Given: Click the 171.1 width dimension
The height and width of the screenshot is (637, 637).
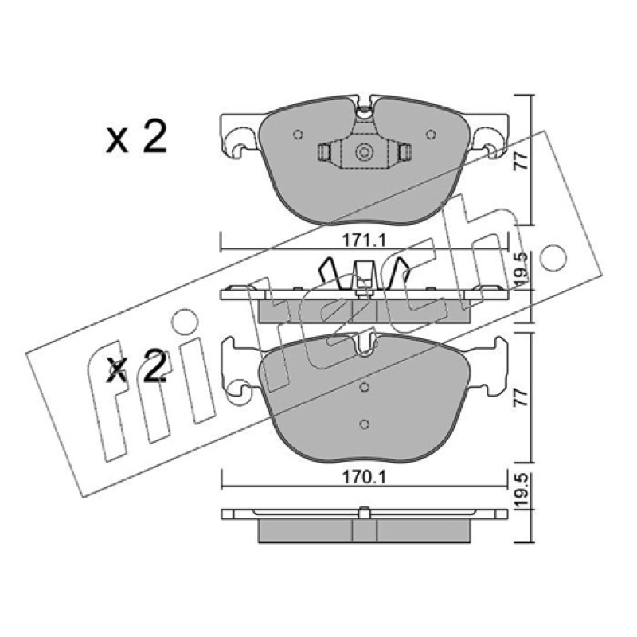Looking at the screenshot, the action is tap(363, 241).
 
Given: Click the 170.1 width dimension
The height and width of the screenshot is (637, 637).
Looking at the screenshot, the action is tap(363, 477).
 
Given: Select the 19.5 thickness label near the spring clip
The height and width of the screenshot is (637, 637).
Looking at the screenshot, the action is tap(522, 269).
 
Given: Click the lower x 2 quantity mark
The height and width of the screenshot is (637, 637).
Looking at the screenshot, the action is tap(136, 367).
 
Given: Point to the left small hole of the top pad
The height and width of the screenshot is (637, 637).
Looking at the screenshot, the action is tap(298, 135).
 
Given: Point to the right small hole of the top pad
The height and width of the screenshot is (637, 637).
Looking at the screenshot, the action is tap(431, 135).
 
